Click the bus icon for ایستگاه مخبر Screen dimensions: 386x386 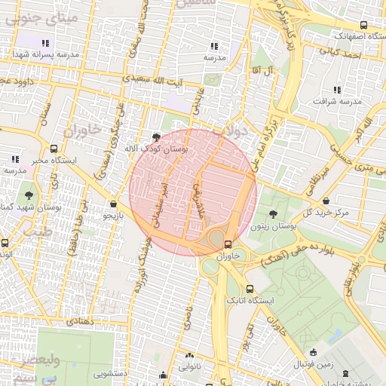point(53,149)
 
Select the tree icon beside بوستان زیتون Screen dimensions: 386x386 point(272,215)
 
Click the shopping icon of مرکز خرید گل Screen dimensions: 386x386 point(326,201)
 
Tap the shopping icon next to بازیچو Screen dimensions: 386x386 point(113,203)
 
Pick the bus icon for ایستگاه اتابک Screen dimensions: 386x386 point(250,289)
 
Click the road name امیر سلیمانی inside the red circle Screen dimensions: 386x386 point(158,204)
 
